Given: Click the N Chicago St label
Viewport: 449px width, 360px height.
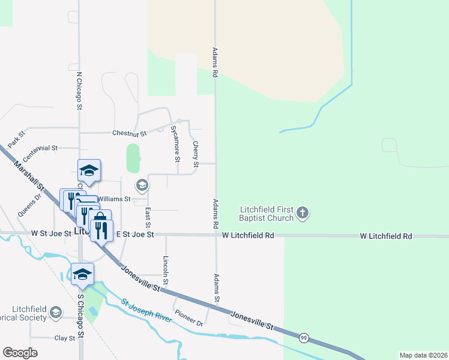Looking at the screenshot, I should coord(78,91).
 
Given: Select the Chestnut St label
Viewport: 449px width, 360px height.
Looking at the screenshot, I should coord(130,133).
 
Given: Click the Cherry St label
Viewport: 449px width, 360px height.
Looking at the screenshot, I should coord(195,154).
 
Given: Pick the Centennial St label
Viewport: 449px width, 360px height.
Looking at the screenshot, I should coord(38,147).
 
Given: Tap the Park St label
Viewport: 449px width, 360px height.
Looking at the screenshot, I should coord(17,140).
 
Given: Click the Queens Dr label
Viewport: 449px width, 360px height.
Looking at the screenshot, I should coord(30,205).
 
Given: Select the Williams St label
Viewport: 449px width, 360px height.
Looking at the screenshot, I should coord(114,199).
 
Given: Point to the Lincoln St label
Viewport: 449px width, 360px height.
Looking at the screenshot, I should coord(166,270).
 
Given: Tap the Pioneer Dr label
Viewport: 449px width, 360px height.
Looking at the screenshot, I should coord(189,317).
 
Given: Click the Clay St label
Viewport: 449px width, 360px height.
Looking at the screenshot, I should coord(65,338).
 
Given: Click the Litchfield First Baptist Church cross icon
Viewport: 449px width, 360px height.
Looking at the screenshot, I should coord(303,212).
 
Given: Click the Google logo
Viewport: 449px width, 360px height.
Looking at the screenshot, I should coord(20,353).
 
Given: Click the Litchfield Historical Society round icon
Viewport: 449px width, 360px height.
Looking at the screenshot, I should coord(56,313).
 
